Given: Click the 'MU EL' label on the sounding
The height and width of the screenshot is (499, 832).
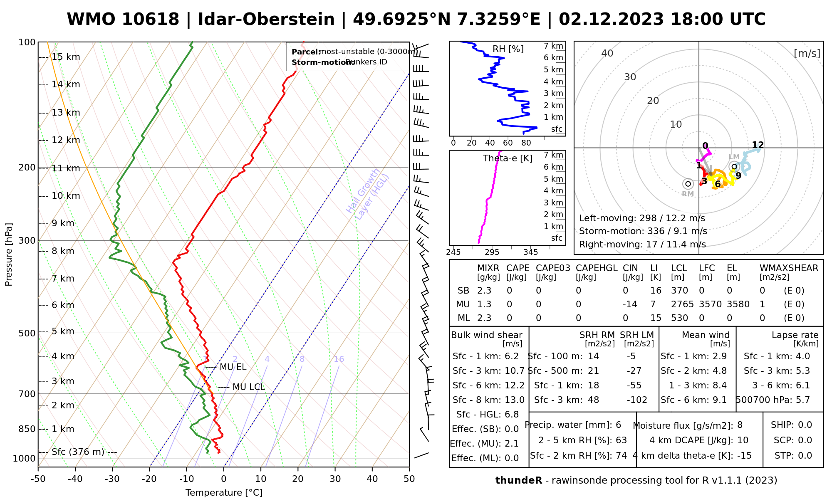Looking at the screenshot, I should coord(233,367).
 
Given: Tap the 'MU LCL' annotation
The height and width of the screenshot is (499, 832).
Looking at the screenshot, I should coord(248,387).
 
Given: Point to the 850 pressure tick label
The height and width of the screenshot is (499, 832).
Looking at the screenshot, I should coord(27,429).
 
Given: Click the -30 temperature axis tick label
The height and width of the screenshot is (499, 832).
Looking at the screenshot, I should coord(112,479).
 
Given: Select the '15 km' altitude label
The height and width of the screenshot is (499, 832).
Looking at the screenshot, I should coord(66,57).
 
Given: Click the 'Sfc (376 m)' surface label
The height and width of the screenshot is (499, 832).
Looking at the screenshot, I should coord(78,452).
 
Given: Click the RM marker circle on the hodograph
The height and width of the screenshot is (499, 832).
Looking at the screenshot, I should coord(688,184).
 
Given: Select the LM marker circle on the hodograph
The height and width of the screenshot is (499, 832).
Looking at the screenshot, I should coord(734,167).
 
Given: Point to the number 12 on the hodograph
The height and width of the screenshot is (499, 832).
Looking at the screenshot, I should coord(758,145).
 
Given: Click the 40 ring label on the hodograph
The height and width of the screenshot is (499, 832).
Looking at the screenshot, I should coord(607,53).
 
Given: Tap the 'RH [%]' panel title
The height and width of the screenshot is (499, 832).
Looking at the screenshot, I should coord(508,49).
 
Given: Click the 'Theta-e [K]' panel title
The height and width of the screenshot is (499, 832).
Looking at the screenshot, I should coord(508,158).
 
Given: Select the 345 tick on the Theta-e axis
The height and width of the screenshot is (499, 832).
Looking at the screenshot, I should coord(530,252).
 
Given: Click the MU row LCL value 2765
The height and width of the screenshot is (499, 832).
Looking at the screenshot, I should coord(682,304).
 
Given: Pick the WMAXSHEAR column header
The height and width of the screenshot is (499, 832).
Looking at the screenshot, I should coord(789,268).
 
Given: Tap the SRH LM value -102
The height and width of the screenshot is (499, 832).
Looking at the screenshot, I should coord(636,400).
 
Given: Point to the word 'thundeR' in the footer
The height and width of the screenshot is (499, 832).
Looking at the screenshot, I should coord(519,481).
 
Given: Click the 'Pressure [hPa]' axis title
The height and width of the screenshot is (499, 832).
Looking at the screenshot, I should coord(9,254).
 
